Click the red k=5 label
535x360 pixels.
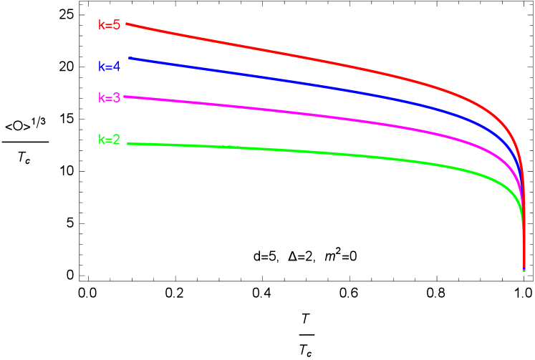[x=109, y=25]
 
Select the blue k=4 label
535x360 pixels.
[x=109, y=67]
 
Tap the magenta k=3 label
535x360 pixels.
[x=109, y=98]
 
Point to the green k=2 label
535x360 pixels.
[x=109, y=140]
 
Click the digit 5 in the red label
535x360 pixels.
[x=117, y=25]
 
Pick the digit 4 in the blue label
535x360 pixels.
[x=117, y=67]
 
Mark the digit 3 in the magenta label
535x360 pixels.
[x=117, y=98]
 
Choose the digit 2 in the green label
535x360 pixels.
[x=117, y=140]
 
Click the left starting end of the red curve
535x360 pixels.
[x=127, y=24]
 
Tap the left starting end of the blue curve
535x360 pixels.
[x=130, y=58]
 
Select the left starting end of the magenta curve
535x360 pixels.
[x=125, y=97]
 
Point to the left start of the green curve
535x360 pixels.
[x=128, y=144]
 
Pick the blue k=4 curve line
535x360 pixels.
[x=286, y=81]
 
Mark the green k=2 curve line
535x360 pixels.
[x=286, y=151]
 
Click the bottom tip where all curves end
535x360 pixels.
[x=524, y=270]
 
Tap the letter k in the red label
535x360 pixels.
[x=101, y=25]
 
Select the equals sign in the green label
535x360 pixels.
[x=109, y=140]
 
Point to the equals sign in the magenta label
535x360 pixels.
[x=109, y=98]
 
